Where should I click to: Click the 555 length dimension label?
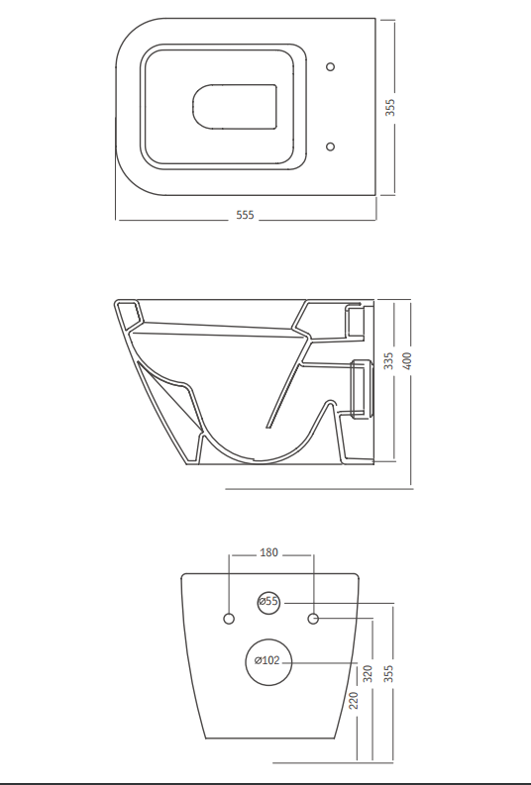coord(245,215)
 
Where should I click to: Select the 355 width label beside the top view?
coord(389,107)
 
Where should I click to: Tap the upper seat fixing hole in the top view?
coord(330,66)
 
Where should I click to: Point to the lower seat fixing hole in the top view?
coord(330,147)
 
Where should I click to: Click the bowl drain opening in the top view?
coord(235,107)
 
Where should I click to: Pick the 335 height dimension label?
coord(388,361)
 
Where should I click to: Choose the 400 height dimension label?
coord(407,361)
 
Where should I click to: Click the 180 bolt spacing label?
coord(269,552)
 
